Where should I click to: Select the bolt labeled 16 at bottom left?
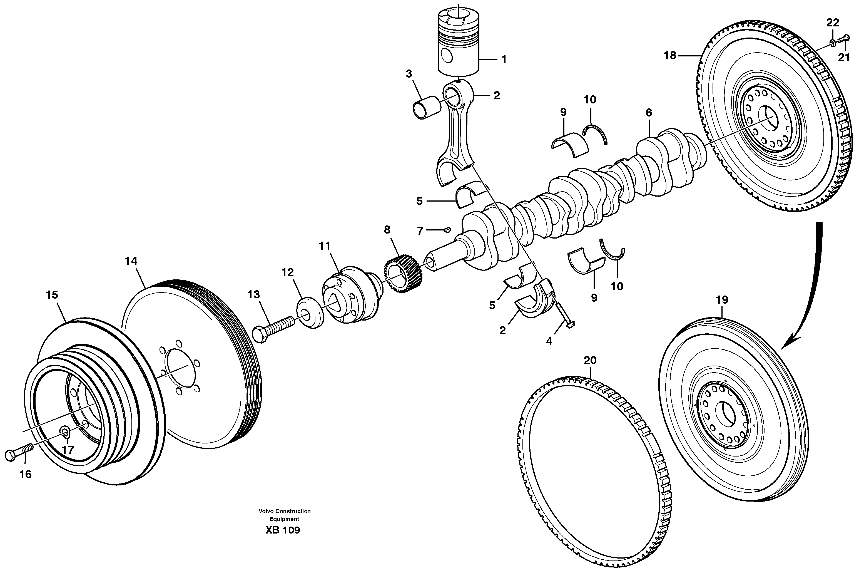[18, 452]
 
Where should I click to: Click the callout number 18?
[670, 56]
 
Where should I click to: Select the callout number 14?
[131, 261]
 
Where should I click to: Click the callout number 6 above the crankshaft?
[649, 113]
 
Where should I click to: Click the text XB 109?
[283, 530]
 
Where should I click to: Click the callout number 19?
[722, 300]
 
